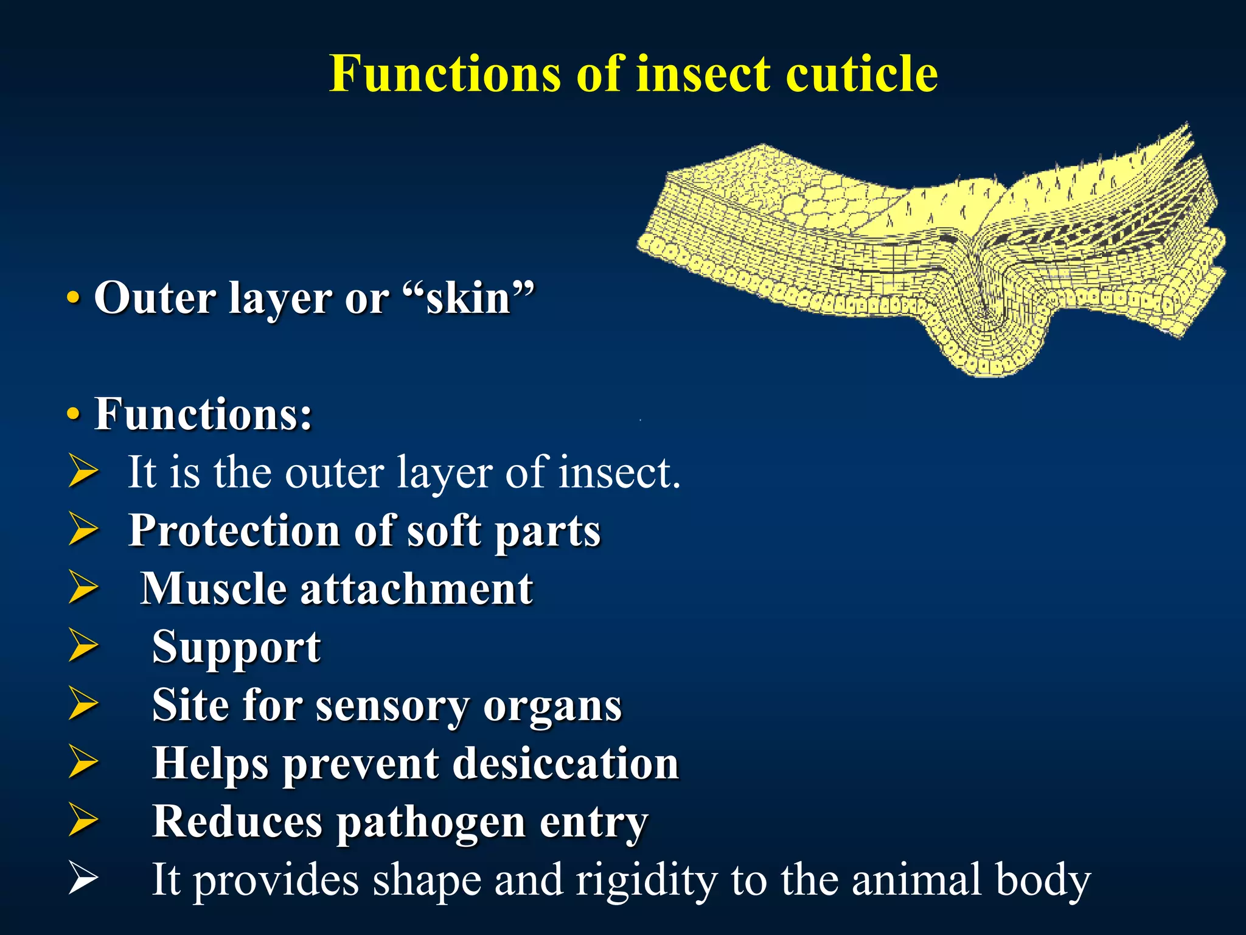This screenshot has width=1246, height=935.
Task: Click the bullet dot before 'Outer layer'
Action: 74,298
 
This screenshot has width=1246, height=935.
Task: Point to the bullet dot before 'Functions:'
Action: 74,415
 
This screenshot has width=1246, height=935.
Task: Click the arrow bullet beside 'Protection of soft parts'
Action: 83,528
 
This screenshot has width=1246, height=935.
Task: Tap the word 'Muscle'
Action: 214,588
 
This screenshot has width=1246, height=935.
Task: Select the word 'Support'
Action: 236,646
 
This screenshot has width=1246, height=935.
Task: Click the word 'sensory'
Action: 392,705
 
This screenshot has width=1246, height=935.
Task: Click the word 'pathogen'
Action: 431,822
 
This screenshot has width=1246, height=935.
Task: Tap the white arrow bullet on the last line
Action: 83,879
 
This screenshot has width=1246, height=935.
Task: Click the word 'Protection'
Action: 234,531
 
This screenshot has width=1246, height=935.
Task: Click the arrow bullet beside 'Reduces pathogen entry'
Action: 83,821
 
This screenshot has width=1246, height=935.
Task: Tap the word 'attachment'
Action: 417,588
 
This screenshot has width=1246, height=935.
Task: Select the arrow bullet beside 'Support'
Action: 83,645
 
